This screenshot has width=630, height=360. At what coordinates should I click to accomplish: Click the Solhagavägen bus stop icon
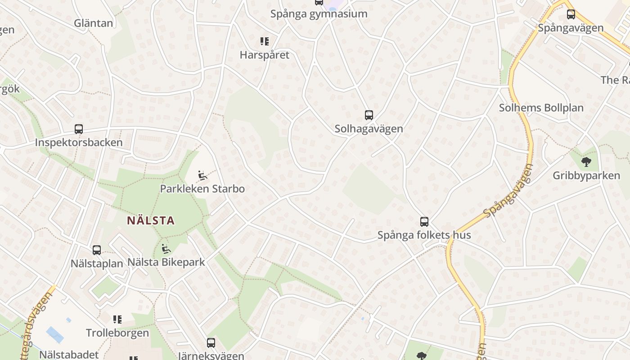click(x=369, y=115)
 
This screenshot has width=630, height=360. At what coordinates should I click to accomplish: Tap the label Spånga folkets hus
click(x=424, y=235)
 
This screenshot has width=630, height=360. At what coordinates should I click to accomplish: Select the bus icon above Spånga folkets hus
click(x=424, y=221)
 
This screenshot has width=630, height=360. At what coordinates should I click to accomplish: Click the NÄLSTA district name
click(x=151, y=220)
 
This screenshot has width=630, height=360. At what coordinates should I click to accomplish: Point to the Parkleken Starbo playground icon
click(x=202, y=175)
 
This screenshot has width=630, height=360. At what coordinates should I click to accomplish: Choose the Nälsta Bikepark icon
click(x=166, y=248)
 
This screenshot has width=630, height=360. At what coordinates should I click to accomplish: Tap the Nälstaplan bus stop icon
click(x=97, y=250)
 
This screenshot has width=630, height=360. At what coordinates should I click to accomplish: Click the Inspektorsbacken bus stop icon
click(x=79, y=129)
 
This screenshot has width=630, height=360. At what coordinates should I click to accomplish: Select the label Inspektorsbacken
click(x=79, y=143)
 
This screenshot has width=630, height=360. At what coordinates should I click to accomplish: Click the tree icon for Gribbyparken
click(x=586, y=161)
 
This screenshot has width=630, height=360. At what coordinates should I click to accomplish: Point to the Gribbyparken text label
click(x=586, y=175)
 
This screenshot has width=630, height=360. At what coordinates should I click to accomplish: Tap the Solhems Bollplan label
click(x=541, y=108)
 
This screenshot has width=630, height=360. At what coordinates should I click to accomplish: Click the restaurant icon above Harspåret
click(x=265, y=41)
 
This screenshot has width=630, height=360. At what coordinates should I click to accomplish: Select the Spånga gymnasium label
click(x=319, y=14)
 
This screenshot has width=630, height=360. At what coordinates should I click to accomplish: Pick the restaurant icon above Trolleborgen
click(x=117, y=319)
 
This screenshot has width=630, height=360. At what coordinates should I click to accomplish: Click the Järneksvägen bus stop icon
click(x=211, y=342)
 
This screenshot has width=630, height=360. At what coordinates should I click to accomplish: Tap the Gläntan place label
click(x=94, y=23)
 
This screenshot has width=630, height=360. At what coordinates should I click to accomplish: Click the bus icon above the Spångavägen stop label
click(x=571, y=14)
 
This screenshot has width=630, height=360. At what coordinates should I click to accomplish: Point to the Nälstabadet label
click(x=68, y=354)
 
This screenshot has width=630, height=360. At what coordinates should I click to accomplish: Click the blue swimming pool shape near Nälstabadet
click(x=55, y=335)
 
